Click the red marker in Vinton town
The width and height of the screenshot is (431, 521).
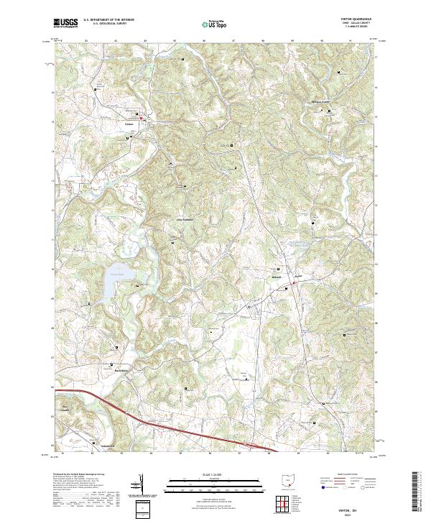[142, 119]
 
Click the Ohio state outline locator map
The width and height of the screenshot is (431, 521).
[287, 480]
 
